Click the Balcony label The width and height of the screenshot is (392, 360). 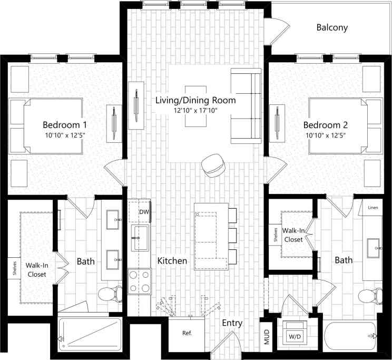point(332,27)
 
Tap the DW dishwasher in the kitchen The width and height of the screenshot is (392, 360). point(140,212)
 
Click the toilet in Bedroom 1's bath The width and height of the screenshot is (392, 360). point(108,295)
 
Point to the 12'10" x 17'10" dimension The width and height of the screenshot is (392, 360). point(194,110)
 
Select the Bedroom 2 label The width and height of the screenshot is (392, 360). point(325,125)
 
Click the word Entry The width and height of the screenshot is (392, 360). point(232,323)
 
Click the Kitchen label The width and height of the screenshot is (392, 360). point(172,261)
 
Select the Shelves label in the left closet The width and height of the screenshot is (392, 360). point(15,268)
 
